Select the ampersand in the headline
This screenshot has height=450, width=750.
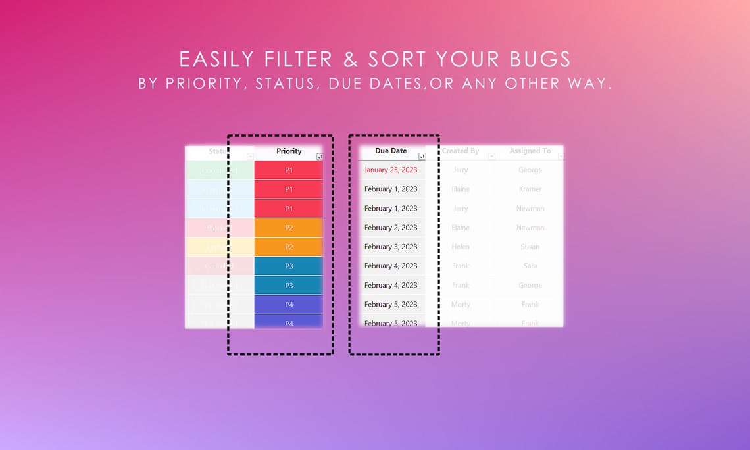[x=351, y=59]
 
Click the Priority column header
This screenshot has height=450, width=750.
[x=289, y=151]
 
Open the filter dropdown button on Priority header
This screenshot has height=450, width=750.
[x=320, y=157]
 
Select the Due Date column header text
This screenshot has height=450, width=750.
[x=391, y=151]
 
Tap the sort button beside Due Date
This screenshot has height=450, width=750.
[x=422, y=157]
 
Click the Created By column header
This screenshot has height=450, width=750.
[x=461, y=151]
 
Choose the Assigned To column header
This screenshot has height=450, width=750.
[x=530, y=151]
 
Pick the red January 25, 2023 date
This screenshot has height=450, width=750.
[x=391, y=170]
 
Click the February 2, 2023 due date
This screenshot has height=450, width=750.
[x=391, y=228]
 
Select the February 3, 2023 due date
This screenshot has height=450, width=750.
[x=391, y=247]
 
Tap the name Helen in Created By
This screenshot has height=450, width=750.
[x=461, y=247]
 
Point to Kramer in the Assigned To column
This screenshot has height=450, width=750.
[x=530, y=189]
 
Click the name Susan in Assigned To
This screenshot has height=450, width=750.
[x=530, y=247]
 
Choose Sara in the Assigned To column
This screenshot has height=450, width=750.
[x=530, y=266]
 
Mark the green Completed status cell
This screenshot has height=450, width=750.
[x=219, y=170]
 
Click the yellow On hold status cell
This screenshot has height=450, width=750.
[x=219, y=247]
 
